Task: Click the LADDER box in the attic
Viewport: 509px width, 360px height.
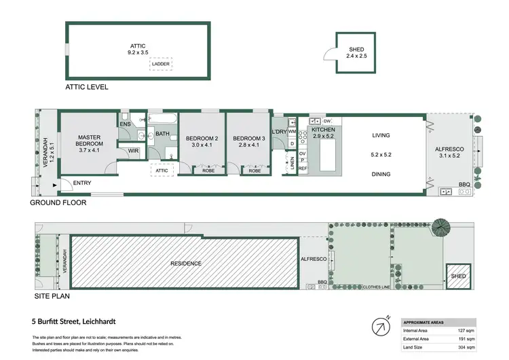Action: [161, 64]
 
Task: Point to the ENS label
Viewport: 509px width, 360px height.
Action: [125, 124]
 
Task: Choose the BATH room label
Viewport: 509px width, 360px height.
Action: [162, 134]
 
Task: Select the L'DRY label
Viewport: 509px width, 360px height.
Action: [279, 131]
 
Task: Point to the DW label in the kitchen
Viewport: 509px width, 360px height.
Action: [326, 120]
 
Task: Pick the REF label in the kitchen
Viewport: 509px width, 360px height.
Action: [303, 168]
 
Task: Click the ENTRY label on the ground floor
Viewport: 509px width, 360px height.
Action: [81, 183]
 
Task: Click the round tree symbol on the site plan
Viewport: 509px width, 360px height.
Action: [442, 228]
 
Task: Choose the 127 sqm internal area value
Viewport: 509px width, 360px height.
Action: [466, 329]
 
